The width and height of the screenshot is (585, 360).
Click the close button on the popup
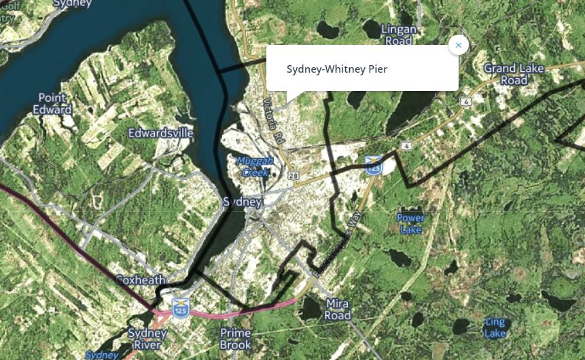(x=459, y=45)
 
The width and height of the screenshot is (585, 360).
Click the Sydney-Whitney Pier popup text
(x=337, y=69)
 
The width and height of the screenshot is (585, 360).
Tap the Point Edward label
(x=52, y=104)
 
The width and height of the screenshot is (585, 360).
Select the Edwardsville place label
(x=161, y=132)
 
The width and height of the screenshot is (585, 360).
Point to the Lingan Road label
(x=398, y=35)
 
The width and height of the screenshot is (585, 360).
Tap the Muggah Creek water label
(x=255, y=166)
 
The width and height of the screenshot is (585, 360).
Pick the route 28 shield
(x=294, y=176)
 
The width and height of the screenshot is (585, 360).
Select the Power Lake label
(x=410, y=223)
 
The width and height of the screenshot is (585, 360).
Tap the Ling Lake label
(x=495, y=327)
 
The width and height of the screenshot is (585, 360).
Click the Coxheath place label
(x=141, y=280)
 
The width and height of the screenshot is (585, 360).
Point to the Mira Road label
(x=338, y=309)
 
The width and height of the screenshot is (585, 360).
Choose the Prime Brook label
(x=236, y=339)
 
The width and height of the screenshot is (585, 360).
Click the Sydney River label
(x=147, y=339)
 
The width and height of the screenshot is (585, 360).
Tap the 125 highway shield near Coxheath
(x=180, y=307)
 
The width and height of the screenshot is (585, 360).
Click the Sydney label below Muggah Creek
(x=243, y=202)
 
